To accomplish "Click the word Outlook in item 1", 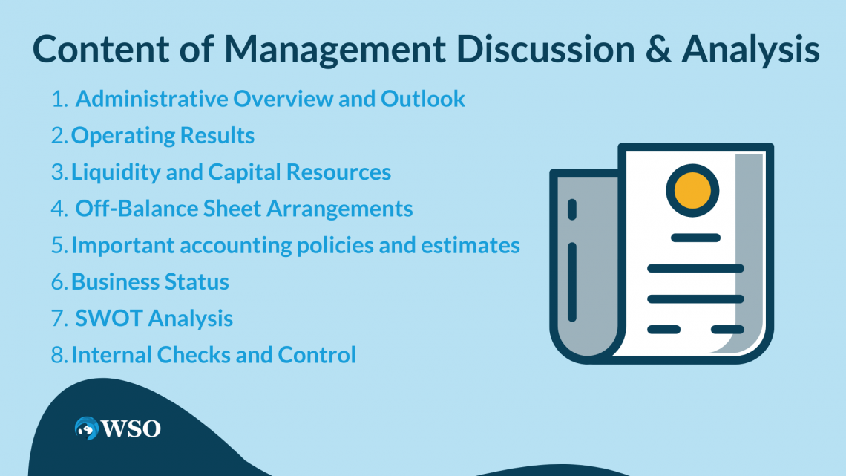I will click(x=424, y=99).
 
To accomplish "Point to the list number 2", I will click(x=59, y=136).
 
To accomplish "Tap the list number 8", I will click(x=59, y=355).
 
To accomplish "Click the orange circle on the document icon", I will click(x=692, y=189).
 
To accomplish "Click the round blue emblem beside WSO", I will click(x=87, y=428).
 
